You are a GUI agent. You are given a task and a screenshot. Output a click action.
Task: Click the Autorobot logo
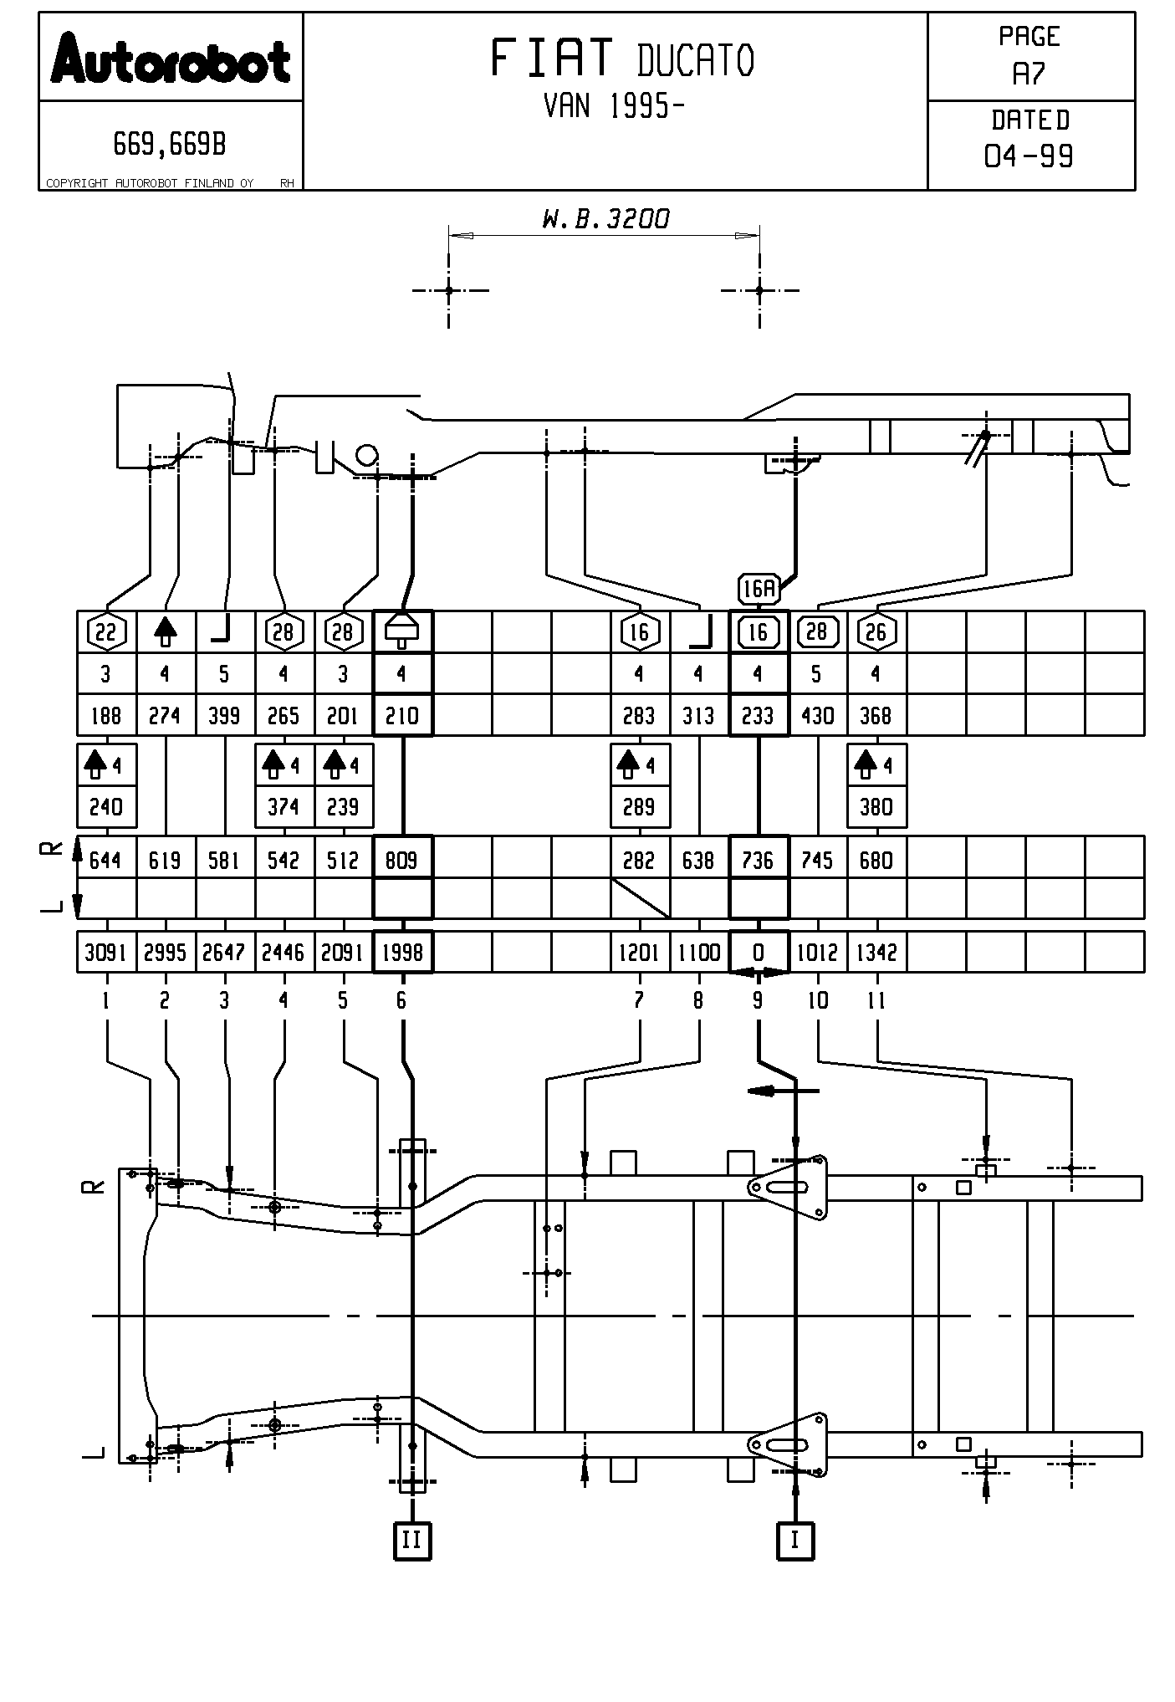coord(171,59)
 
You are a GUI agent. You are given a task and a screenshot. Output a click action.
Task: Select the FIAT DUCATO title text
coord(621,59)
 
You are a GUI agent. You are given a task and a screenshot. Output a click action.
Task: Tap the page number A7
coord(1029,74)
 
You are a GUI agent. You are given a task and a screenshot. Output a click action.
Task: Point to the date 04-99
coord(1029,156)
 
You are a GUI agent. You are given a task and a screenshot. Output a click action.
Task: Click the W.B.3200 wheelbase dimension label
coord(605,219)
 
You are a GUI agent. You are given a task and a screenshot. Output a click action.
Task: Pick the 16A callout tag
coord(759,589)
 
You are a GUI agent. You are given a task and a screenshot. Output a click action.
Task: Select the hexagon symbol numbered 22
coord(106,632)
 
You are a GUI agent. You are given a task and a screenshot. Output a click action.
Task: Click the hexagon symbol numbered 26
coord(876,631)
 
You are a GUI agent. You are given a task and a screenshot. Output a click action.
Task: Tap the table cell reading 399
coord(224,716)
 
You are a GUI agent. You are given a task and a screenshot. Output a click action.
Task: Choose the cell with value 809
coord(402,860)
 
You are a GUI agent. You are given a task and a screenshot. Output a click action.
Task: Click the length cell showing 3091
coord(105,952)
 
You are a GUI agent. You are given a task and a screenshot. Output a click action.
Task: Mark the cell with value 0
coord(759,952)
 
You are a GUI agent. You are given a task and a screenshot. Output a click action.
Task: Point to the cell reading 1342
coord(876,952)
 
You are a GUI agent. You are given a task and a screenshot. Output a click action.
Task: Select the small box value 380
coord(876,807)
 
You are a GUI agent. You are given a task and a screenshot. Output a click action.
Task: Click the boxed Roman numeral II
coord(412,1540)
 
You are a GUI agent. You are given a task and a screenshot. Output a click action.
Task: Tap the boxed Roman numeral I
coord(794,1540)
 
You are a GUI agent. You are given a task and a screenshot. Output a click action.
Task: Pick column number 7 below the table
coord(639,1000)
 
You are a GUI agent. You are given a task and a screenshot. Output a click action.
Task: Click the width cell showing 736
coord(759,860)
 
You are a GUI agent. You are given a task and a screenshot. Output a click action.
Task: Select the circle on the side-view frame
coord(366,456)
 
